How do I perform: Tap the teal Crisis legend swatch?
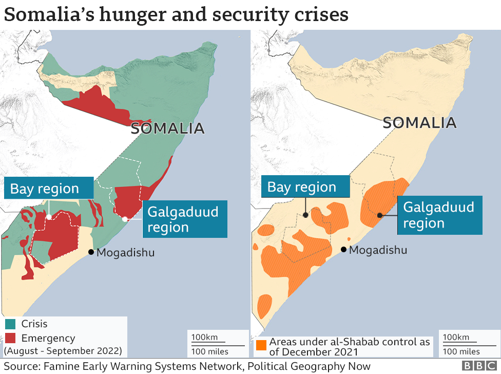pos(10,324)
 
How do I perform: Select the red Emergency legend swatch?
pos(10,338)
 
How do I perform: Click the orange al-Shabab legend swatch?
pos(261,345)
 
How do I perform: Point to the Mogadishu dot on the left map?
pos(91,252)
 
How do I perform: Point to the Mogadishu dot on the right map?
pos(343,250)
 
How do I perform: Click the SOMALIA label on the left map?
pos(167,128)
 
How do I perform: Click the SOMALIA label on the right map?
pos(419,123)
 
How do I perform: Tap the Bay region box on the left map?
pos(49,188)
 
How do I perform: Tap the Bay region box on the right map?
pos(305,186)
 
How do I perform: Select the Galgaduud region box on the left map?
pos(184,219)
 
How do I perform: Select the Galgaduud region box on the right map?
pos(439,215)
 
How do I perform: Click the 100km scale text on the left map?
pos(205,338)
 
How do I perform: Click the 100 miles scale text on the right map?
pos(461,351)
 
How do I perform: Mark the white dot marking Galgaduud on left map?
pos(125,219)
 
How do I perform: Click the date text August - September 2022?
pos(63,351)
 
